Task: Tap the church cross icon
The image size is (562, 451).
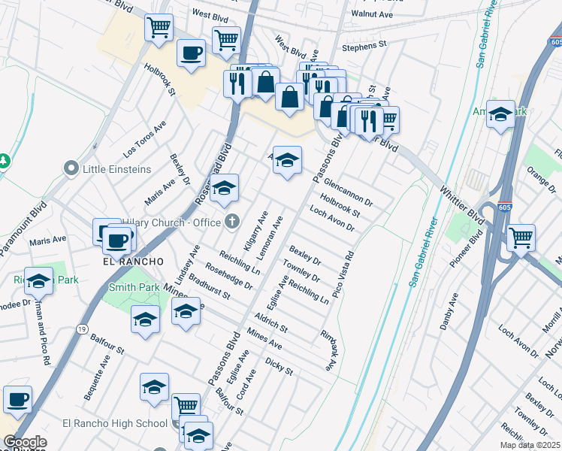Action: click(x=232, y=221)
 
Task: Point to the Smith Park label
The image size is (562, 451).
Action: click(x=134, y=287)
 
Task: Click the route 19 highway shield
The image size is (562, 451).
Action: click(x=81, y=328)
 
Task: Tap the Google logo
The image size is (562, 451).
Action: click(x=26, y=442)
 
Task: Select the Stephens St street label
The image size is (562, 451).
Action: click(x=364, y=45)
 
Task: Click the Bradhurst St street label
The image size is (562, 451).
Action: click(x=210, y=290)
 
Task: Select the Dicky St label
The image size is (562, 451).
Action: click(x=279, y=366)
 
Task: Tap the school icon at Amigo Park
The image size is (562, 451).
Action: click(x=501, y=114)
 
